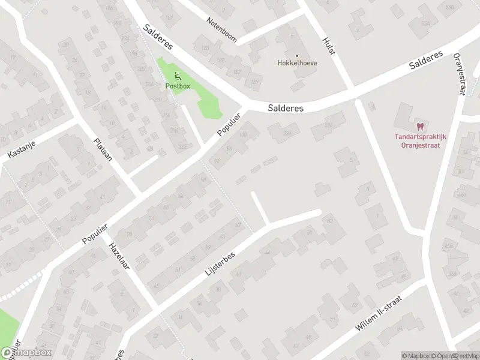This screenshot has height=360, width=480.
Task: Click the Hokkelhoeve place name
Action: click(297, 62)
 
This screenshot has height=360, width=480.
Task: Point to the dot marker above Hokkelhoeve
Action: click(296, 55)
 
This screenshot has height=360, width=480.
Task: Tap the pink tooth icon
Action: click(420, 127)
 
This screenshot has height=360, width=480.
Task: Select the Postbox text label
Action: click(178, 86)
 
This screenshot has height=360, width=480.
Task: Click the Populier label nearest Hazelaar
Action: click(94, 234)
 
